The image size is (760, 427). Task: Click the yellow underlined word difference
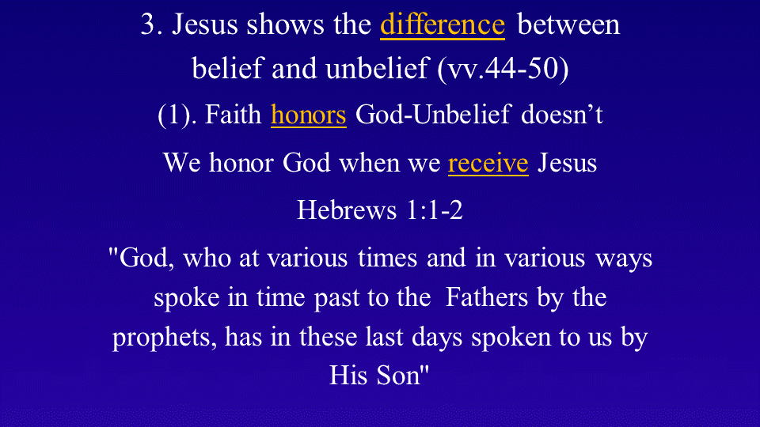[x=443, y=25]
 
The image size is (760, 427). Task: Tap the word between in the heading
[x=568, y=25]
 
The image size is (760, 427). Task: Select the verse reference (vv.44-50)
[x=503, y=68]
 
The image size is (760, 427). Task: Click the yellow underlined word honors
[x=308, y=115]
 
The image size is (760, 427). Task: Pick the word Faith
[x=233, y=115]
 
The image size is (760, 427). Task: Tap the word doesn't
[x=562, y=115]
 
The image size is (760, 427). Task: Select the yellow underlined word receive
[x=488, y=163]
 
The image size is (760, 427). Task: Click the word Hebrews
[x=347, y=210]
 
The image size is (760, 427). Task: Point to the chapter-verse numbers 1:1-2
[x=435, y=210]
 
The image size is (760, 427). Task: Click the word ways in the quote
[x=624, y=259]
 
